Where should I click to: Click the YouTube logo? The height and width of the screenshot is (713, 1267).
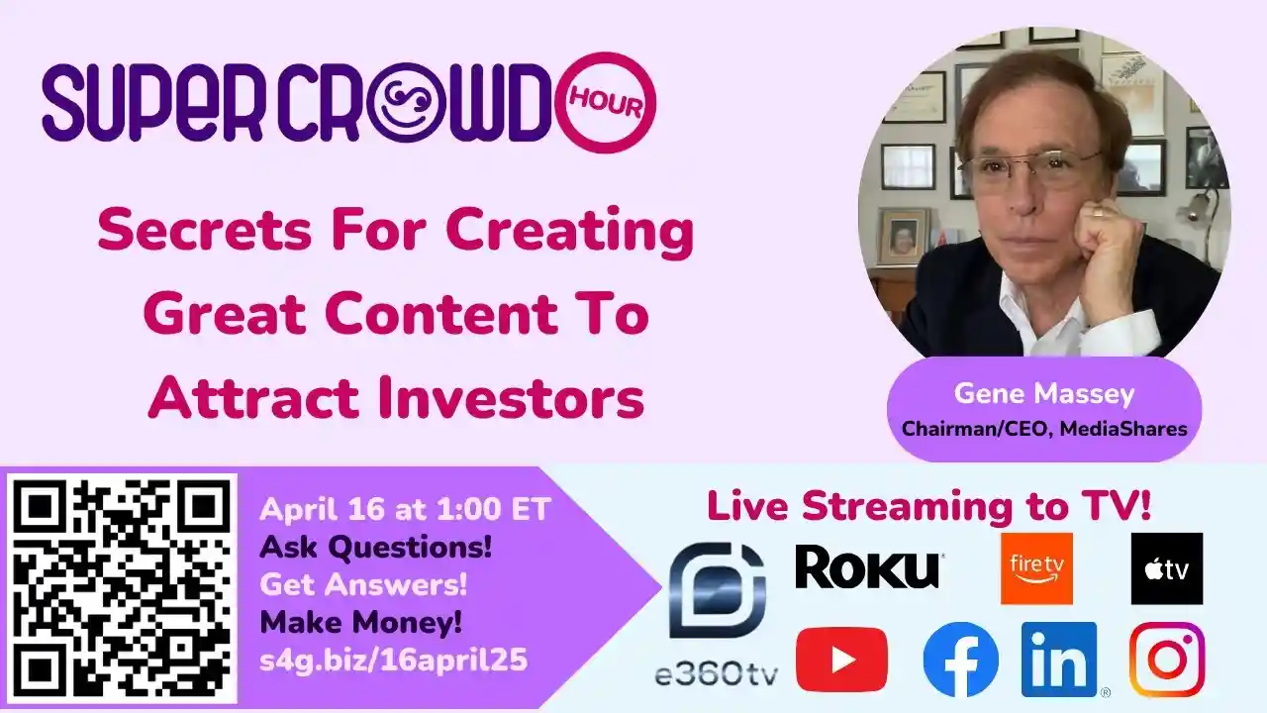tap(841, 659)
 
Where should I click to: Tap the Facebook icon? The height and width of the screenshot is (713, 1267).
tap(960, 659)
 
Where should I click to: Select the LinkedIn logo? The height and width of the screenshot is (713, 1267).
tap(1059, 659)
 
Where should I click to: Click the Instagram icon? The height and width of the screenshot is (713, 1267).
tap(1167, 659)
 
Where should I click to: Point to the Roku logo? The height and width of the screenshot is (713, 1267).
tap(868, 568)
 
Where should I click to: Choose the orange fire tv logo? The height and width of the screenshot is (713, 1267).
tap(1036, 568)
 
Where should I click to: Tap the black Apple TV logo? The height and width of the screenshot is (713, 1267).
tap(1167, 568)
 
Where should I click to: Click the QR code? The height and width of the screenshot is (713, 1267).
tap(123, 589)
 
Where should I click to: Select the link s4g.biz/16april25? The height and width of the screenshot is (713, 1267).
tap(394, 660)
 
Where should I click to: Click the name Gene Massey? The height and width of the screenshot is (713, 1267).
tap(1044, 394)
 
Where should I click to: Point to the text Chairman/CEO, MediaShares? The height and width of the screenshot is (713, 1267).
tap(1044, 429)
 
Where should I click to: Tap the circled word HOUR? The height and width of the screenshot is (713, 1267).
tap(606, 103)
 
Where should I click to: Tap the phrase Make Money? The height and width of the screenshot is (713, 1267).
tap(360, 623)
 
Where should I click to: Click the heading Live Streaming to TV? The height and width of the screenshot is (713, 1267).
tap(928, 506)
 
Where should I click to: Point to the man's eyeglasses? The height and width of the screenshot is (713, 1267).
tap(1029, 167)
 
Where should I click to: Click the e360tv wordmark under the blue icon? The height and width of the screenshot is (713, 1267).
tap(717, 673)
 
